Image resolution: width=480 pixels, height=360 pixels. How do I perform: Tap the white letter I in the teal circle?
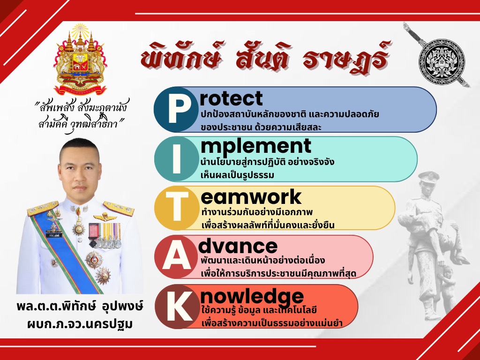(177, 159)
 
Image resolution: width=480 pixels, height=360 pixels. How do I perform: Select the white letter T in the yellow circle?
(177, 208)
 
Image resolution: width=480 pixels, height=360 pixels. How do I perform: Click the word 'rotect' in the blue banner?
(231, 98)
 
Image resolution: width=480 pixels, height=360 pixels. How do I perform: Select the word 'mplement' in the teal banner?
(256, 146)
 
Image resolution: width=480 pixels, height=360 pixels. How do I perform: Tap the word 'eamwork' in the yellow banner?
(251, 196)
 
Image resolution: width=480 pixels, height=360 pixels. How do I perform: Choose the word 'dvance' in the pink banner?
(238, 246)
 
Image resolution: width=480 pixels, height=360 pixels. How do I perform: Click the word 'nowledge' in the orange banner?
(252, 296)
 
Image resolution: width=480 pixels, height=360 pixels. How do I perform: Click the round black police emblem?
(442, 62)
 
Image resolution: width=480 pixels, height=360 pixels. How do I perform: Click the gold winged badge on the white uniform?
(105, 217)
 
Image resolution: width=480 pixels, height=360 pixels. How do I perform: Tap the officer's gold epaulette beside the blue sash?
(42, 208)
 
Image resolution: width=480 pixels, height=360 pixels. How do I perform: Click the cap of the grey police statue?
(429, 177)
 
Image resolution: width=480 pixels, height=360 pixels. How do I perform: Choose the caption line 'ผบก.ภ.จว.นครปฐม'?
(80, 323)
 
